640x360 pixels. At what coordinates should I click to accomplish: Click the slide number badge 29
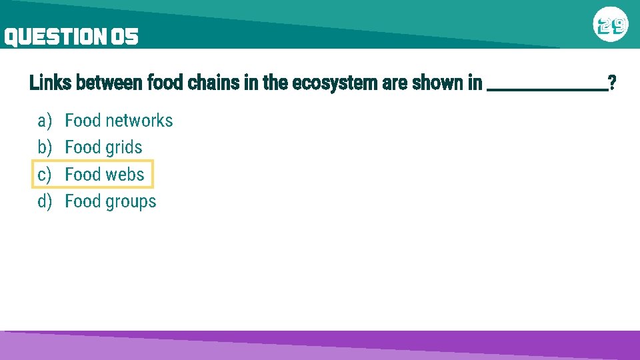pos(611,26)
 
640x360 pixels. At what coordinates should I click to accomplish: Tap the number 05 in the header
pos(125,37)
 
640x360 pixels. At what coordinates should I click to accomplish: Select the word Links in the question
pos(51,83)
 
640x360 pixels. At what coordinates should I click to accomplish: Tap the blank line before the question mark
pos(547,87)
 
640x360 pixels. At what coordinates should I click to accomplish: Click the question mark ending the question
pos(612,83)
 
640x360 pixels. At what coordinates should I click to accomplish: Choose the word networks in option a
pos(139,121)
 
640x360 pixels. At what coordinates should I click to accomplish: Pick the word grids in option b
pos(123,148)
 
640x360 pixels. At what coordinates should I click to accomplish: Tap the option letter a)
pos(45,121)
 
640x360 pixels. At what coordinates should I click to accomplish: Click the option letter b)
pos(45,147)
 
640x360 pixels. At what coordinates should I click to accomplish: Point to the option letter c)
pos(45,175)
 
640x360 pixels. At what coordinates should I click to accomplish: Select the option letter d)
pos(45,201)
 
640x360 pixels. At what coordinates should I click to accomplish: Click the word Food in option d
pos(82,201)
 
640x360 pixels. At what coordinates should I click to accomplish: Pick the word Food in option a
pos(82,121)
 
